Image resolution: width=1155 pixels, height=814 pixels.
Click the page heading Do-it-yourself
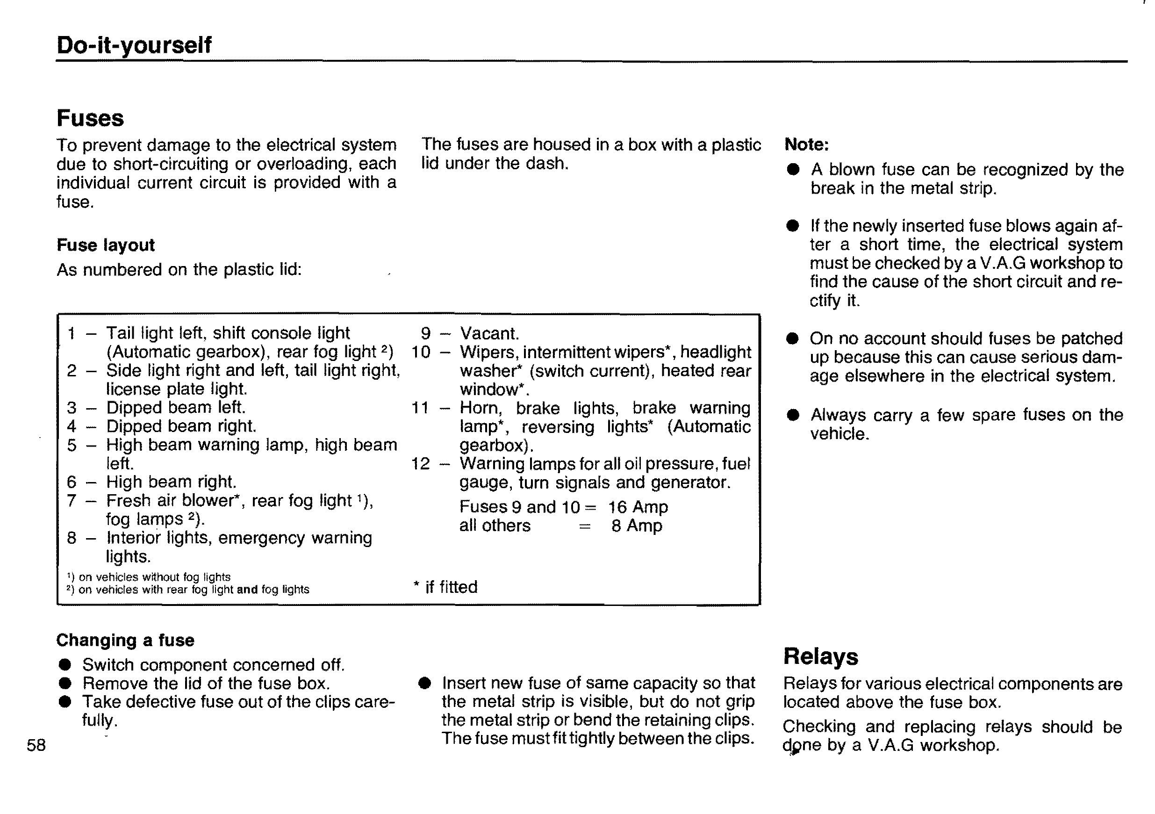point(134,45)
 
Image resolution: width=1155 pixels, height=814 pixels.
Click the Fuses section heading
point(90,118)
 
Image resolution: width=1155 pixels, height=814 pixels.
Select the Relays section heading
point(820,656)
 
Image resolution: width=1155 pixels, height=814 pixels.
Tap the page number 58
point(36,745)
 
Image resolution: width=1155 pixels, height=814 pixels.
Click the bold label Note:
point(806,145)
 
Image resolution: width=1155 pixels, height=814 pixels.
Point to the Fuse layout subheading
point(106,245)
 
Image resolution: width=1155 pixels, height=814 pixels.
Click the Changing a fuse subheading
point(125,640)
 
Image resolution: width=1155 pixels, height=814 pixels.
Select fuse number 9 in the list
point(425,333)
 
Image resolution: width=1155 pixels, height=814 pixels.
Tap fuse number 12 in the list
point(421,463)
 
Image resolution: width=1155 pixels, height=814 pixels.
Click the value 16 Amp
point(638,507)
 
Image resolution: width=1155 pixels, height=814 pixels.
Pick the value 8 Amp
point(636,526)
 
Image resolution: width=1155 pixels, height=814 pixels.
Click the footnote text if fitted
point(451,587)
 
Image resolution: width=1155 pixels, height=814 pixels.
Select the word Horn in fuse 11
point(480,408)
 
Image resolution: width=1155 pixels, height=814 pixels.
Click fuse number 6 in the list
point(72,482)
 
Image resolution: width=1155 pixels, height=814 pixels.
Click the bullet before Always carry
point(793,415)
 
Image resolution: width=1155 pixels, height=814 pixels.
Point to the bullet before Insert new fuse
point(424,683)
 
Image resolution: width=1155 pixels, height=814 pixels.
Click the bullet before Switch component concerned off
point(65,665)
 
